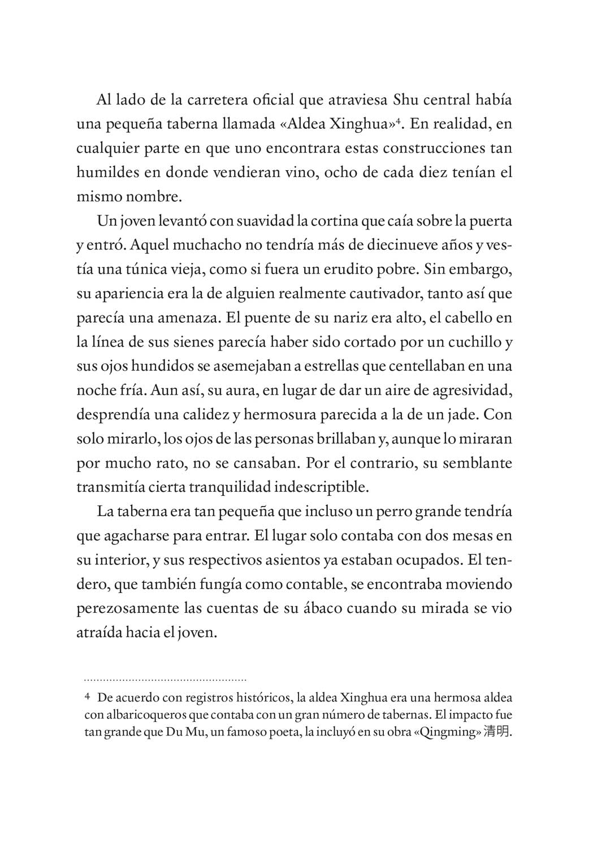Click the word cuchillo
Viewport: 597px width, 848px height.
(473, 341)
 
